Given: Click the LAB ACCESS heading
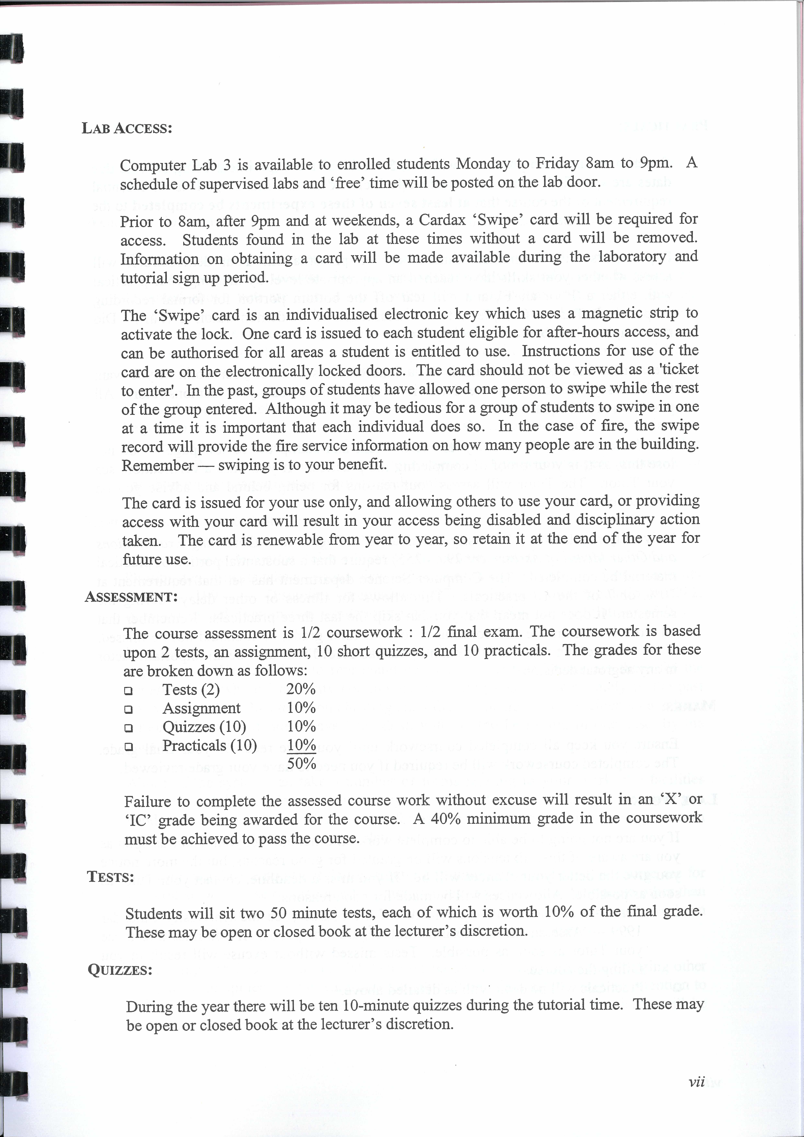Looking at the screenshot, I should tap(127, 128).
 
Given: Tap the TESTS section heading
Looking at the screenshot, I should tap(110, 877).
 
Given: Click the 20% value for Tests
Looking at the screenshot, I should tap(300, 689).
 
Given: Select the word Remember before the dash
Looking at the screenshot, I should tap(157, 465).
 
